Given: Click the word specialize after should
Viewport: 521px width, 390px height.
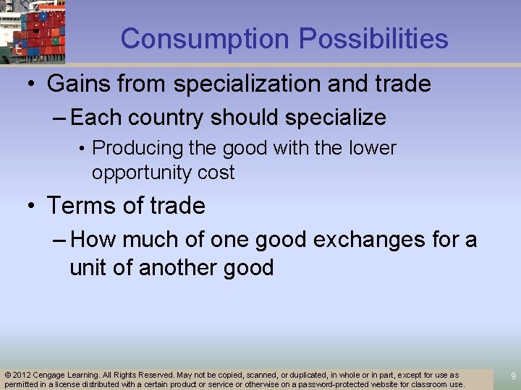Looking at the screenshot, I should pos(334,117).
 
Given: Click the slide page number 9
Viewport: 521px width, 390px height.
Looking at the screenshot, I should pos(513,376).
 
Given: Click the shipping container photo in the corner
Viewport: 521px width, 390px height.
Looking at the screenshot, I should pos(33,32).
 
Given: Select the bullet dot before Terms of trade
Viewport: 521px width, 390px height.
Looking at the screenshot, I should pos(30,207).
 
